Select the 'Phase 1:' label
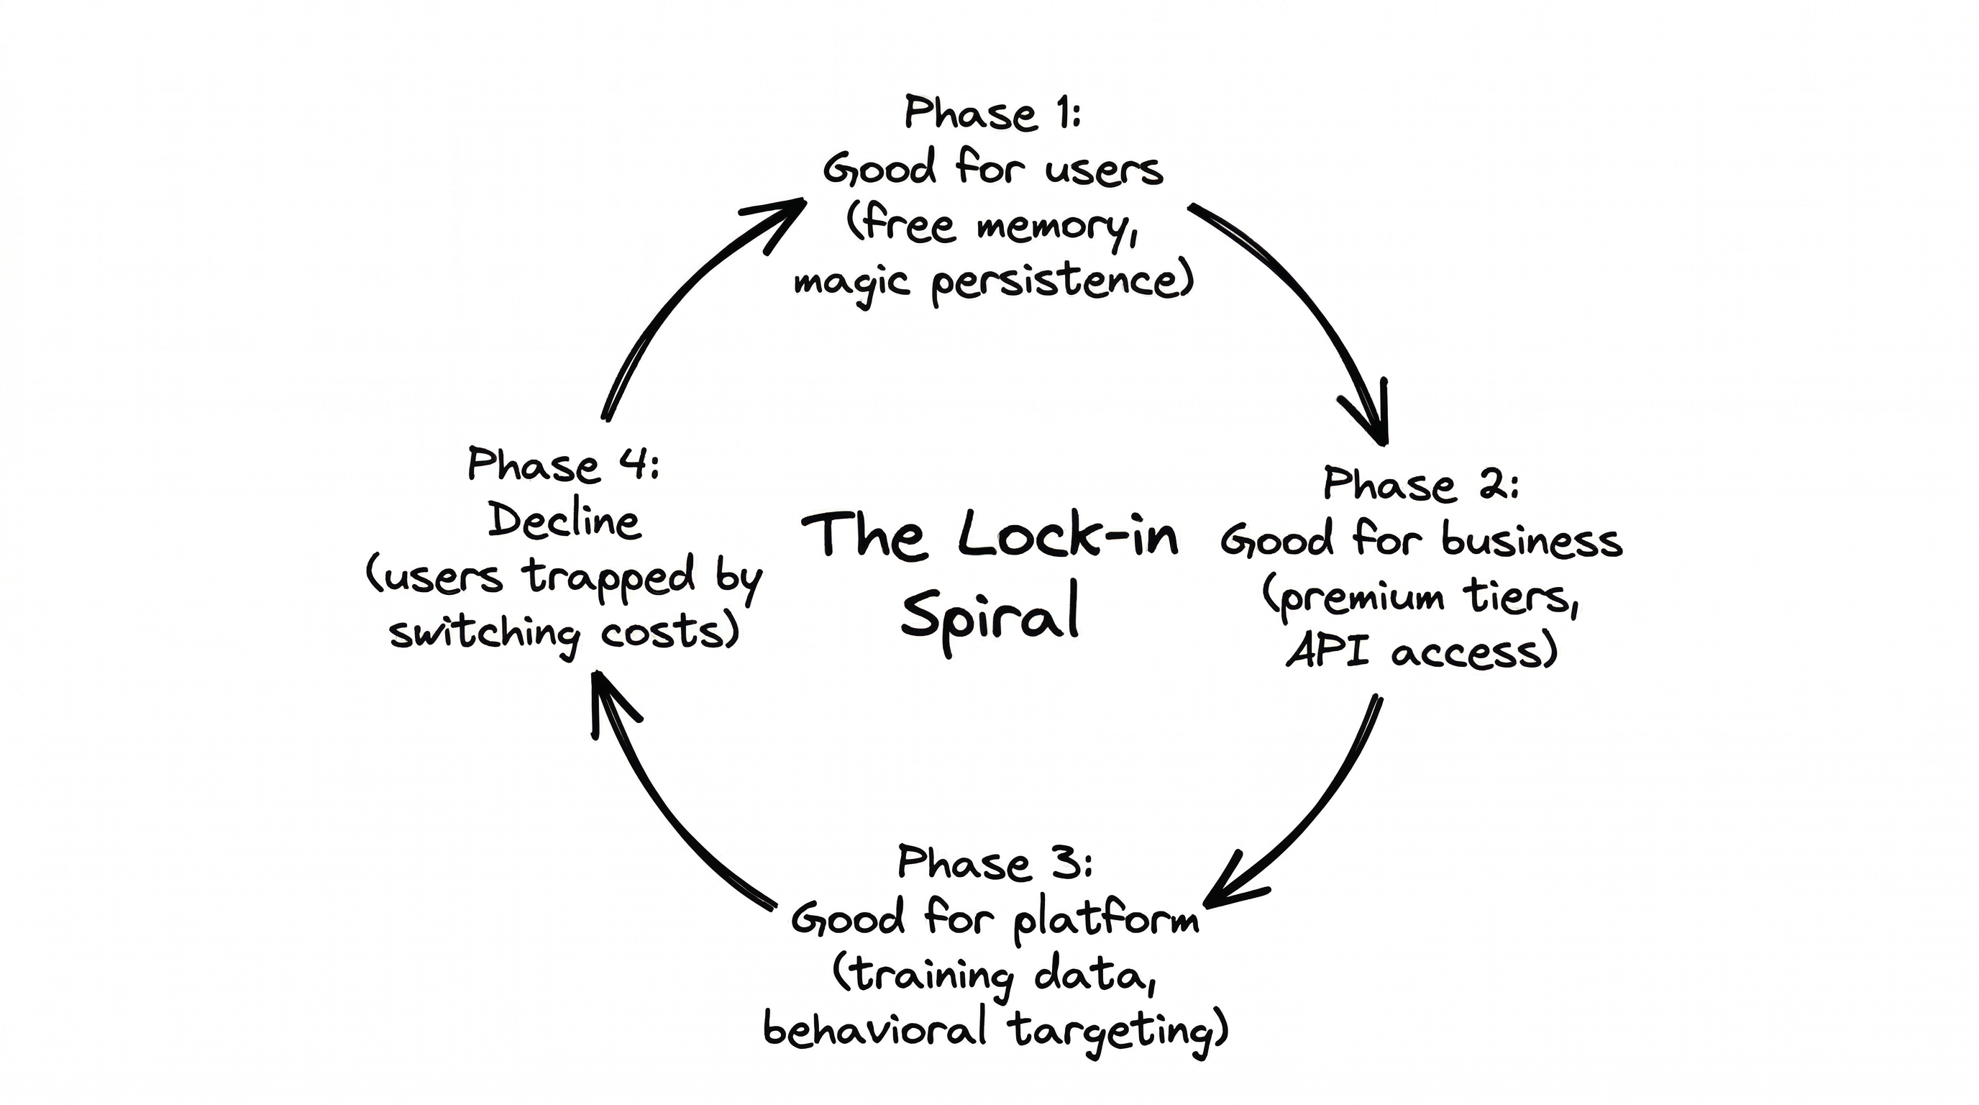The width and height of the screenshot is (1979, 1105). pyautogui.click(x=992, y=114)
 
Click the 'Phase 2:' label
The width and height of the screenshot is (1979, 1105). pyautogui.click(x=1420, y=485)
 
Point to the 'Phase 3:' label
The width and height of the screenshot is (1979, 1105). pyautogui.click(x=995, y=863)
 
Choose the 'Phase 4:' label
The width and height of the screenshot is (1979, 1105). pyautogui.click(x=563, y=465)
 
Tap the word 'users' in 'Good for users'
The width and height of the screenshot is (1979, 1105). pyautogui.click(x=1104, y=169)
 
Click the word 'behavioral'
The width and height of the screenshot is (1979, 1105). pyautogui.click(x=874, y=1029)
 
